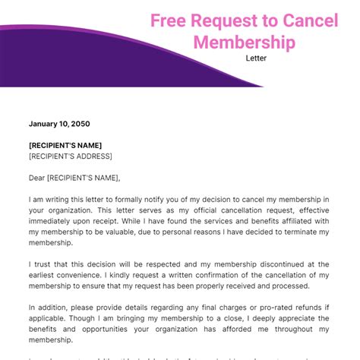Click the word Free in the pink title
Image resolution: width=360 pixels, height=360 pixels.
point(170,21)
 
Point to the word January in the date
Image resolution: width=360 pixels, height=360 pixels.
point(45,124)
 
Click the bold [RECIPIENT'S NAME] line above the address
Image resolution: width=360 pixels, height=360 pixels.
point(65,145)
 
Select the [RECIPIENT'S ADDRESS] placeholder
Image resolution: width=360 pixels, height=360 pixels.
point(71,156)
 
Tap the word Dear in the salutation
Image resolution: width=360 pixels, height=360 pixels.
point(37,178)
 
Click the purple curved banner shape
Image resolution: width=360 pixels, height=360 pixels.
point(61,61)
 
